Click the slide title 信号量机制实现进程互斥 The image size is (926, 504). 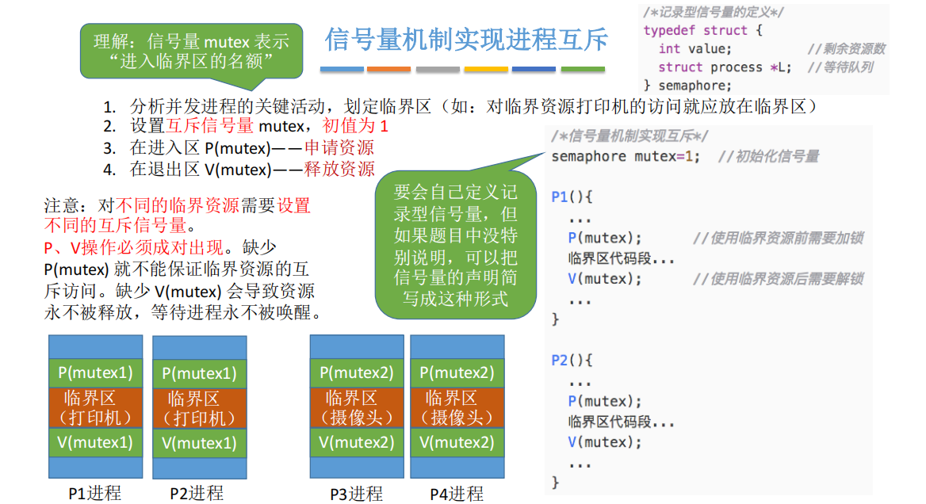pos(466,40)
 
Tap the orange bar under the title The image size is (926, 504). pos(388,70)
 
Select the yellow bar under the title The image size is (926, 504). pos(486,70)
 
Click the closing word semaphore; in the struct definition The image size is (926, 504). pos(694,86)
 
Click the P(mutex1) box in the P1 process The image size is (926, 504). pos(96,373)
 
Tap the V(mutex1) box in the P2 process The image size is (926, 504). pos(200,443)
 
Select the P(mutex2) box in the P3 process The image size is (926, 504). pos(357,373)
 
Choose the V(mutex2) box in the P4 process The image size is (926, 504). pos(457,443)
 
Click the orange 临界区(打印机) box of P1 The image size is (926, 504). pos(96,408)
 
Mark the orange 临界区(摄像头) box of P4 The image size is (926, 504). pos(457,408)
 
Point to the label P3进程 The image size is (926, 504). pos(356,494)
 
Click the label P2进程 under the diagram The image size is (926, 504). pos(197,493)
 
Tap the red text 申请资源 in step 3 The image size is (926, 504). pos(339,147)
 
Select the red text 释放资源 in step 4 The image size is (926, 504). pos(339,170)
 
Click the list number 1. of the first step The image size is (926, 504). pos(109,107)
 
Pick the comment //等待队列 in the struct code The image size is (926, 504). pos(840,67)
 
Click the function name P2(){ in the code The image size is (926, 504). pos(572,360)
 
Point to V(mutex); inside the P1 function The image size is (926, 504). pos(605,279)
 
